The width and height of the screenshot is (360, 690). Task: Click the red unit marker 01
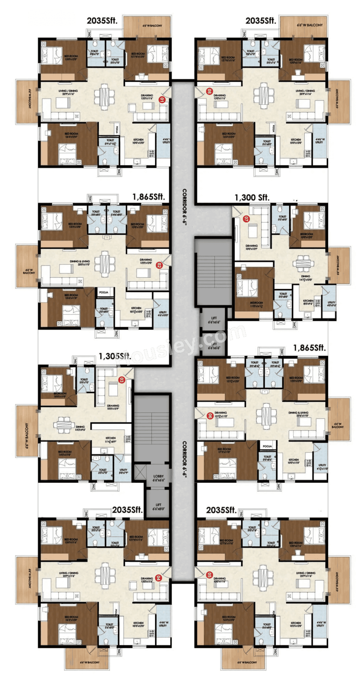pyautogui.click(x=162, y=100)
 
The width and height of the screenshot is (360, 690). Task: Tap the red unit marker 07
pyautogui.click(x=246, y=219)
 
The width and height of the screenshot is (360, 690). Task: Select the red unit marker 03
pyautogui.click(x=121, y=380)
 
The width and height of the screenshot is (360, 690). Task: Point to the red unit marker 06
pyautogui.click(x=210, y=416)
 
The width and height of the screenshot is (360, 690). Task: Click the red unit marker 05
pyautogui.click(x=210, y=575)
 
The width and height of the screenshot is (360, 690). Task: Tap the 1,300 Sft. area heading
pyautogui.click(x=252, y=198)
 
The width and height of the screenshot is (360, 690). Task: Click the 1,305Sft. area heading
pyautogui.click(x=115, y=356)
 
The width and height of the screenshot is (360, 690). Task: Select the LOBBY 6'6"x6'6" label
pyautogui.click(x=158, y=478)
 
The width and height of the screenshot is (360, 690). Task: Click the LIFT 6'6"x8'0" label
pyautogui.click(x=158, y=507)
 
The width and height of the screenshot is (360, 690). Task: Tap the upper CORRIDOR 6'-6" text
pyautogui.click(x=184, y=207)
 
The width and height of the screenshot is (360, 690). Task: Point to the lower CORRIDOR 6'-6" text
pyautogui.click(x=184, y=460)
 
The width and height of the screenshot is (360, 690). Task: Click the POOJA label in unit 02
pyautogui.click(x=103, y=292)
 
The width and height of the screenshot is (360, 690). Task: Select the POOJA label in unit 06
pyautogui.click(x=267, y=446)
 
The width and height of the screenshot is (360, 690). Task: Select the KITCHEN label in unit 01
pyautogui.click(x=138, y=141)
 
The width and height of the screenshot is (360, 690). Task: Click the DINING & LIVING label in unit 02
pyautogui.click(x=80, y=263)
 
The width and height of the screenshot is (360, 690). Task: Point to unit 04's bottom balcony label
pyautogui.click(x=89, y=662)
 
